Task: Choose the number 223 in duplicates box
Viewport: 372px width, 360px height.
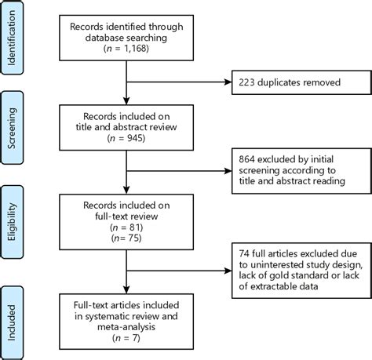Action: (237, 81)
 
